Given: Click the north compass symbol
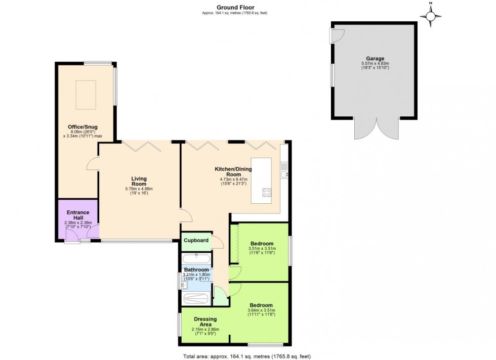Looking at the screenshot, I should coord(431,17).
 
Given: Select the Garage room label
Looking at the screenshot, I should coord(375,58).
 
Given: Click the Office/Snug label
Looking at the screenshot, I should coord(82,126).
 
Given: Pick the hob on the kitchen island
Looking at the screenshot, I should coord(266,192).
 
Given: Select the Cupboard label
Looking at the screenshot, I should coord(196,241).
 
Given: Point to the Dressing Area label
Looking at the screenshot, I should coord(205,322).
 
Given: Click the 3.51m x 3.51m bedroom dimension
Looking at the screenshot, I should coord(261,251).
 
